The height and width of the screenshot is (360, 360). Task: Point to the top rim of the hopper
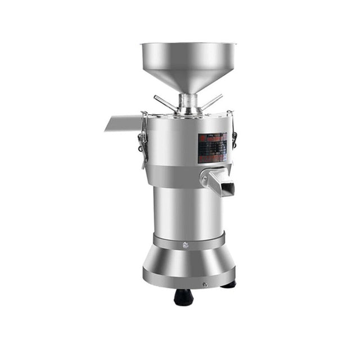point(188,44)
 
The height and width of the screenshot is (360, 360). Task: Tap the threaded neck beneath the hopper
point(188,102)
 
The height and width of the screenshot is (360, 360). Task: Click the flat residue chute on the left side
point(123,123)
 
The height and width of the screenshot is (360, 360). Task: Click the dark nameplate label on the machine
point(212,147)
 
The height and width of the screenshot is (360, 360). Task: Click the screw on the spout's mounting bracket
point(203,179)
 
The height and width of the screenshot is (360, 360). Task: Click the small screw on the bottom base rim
point(205,285)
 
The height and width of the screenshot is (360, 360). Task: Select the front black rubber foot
point(183,297)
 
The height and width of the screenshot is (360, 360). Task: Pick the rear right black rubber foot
point(229,285)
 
